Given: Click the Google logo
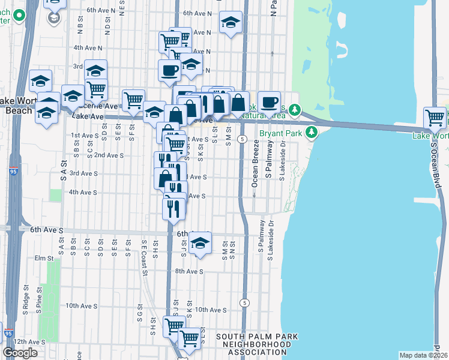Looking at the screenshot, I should tap(20, 353).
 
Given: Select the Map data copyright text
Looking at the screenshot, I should tap(423, 355).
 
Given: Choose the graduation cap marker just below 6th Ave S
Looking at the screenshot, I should tap(200, 242).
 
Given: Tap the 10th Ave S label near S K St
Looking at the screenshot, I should tap(209, 310).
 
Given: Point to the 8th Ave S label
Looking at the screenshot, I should tap(190, 271).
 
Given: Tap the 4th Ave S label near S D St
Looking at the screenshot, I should tap(83, 192).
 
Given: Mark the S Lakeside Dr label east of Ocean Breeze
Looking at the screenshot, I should tap(282, 161).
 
